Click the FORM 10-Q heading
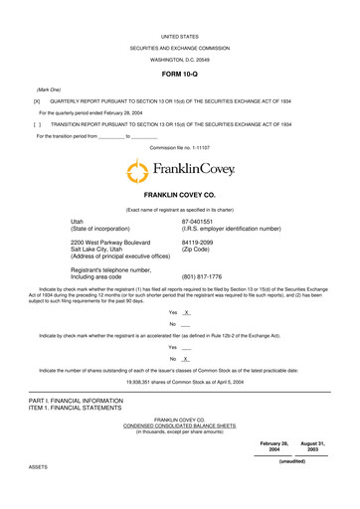(179, 75)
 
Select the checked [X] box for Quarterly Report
(37, 101)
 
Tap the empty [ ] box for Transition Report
(37, 125)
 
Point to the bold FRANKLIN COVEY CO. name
(179, 198)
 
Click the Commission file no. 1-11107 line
(180, 146)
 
